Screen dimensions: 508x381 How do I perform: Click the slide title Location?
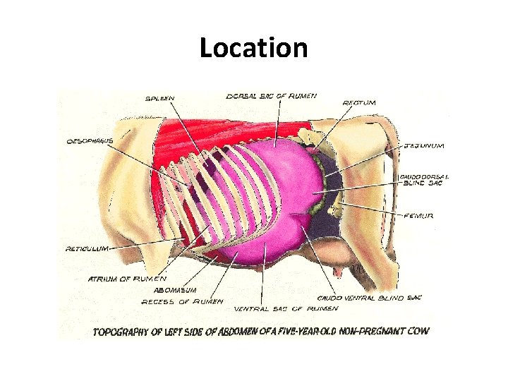coord(253,49)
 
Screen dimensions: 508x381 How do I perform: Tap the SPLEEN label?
coord(161,98)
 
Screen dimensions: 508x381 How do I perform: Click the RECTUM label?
coord(359,103)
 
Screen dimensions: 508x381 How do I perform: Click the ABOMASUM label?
coord(173,289)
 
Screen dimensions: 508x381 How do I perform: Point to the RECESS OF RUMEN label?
coord(182,301)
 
